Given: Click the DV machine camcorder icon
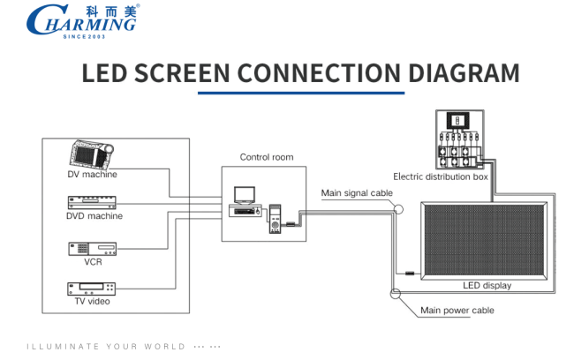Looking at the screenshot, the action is coord(92,154).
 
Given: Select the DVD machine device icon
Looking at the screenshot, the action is coord(92,203).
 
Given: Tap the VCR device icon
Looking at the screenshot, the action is coord(92,249).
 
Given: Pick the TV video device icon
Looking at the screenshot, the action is coord(92,289).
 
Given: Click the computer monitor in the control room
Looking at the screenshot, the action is coord(245,196).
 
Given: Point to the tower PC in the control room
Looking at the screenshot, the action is coord(275,219).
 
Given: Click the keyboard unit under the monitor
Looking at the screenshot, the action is coord(245,211).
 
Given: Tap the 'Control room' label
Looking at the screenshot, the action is coord(267,157).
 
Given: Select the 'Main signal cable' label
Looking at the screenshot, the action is coord(357,193).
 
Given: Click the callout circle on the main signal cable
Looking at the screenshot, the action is coord(398,209).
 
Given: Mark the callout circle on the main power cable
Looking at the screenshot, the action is coord(396,294).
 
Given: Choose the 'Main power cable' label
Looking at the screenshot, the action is coord(457,311).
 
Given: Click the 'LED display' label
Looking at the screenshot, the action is coord(487,285).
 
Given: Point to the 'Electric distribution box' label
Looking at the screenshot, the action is coord(441,177).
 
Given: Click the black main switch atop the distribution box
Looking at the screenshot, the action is coord(457,121).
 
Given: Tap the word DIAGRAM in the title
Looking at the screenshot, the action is coord(464,73).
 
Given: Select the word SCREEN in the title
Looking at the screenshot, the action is coord(182,73).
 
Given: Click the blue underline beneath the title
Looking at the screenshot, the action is coord(301,93).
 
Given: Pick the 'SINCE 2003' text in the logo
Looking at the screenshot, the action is coord(84,36).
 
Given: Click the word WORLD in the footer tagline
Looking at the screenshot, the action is coord(165,347).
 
